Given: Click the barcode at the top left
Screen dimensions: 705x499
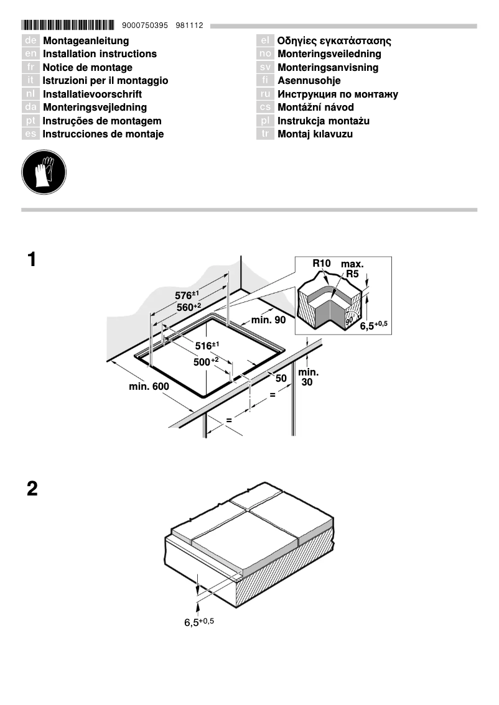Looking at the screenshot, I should (68, 25).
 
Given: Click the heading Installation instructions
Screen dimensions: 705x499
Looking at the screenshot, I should (100, 54).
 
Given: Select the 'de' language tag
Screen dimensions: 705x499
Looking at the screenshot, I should (30, 41).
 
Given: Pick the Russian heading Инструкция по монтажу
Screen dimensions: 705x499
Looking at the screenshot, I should (337, 94).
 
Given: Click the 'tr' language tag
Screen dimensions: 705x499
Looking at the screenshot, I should (265, 134).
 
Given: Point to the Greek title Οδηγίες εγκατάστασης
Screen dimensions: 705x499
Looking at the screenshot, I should (333, 41).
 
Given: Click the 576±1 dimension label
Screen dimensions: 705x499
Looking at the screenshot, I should (186, 295).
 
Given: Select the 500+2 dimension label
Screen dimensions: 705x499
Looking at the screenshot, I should (206, 362).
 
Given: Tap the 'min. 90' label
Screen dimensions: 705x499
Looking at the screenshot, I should (268, 320).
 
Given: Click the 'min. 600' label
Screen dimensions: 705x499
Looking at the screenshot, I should (149, 387).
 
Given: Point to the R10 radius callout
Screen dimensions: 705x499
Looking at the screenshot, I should (321, 264).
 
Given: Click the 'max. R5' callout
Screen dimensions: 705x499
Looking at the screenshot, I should (352, 269).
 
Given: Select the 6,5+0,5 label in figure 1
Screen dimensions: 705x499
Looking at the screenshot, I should (373, 325).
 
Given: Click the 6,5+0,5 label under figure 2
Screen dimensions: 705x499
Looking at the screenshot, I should (198, 622).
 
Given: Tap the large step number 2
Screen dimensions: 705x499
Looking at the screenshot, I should (32, 489).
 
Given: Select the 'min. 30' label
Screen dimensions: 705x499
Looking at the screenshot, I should (309, 377).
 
